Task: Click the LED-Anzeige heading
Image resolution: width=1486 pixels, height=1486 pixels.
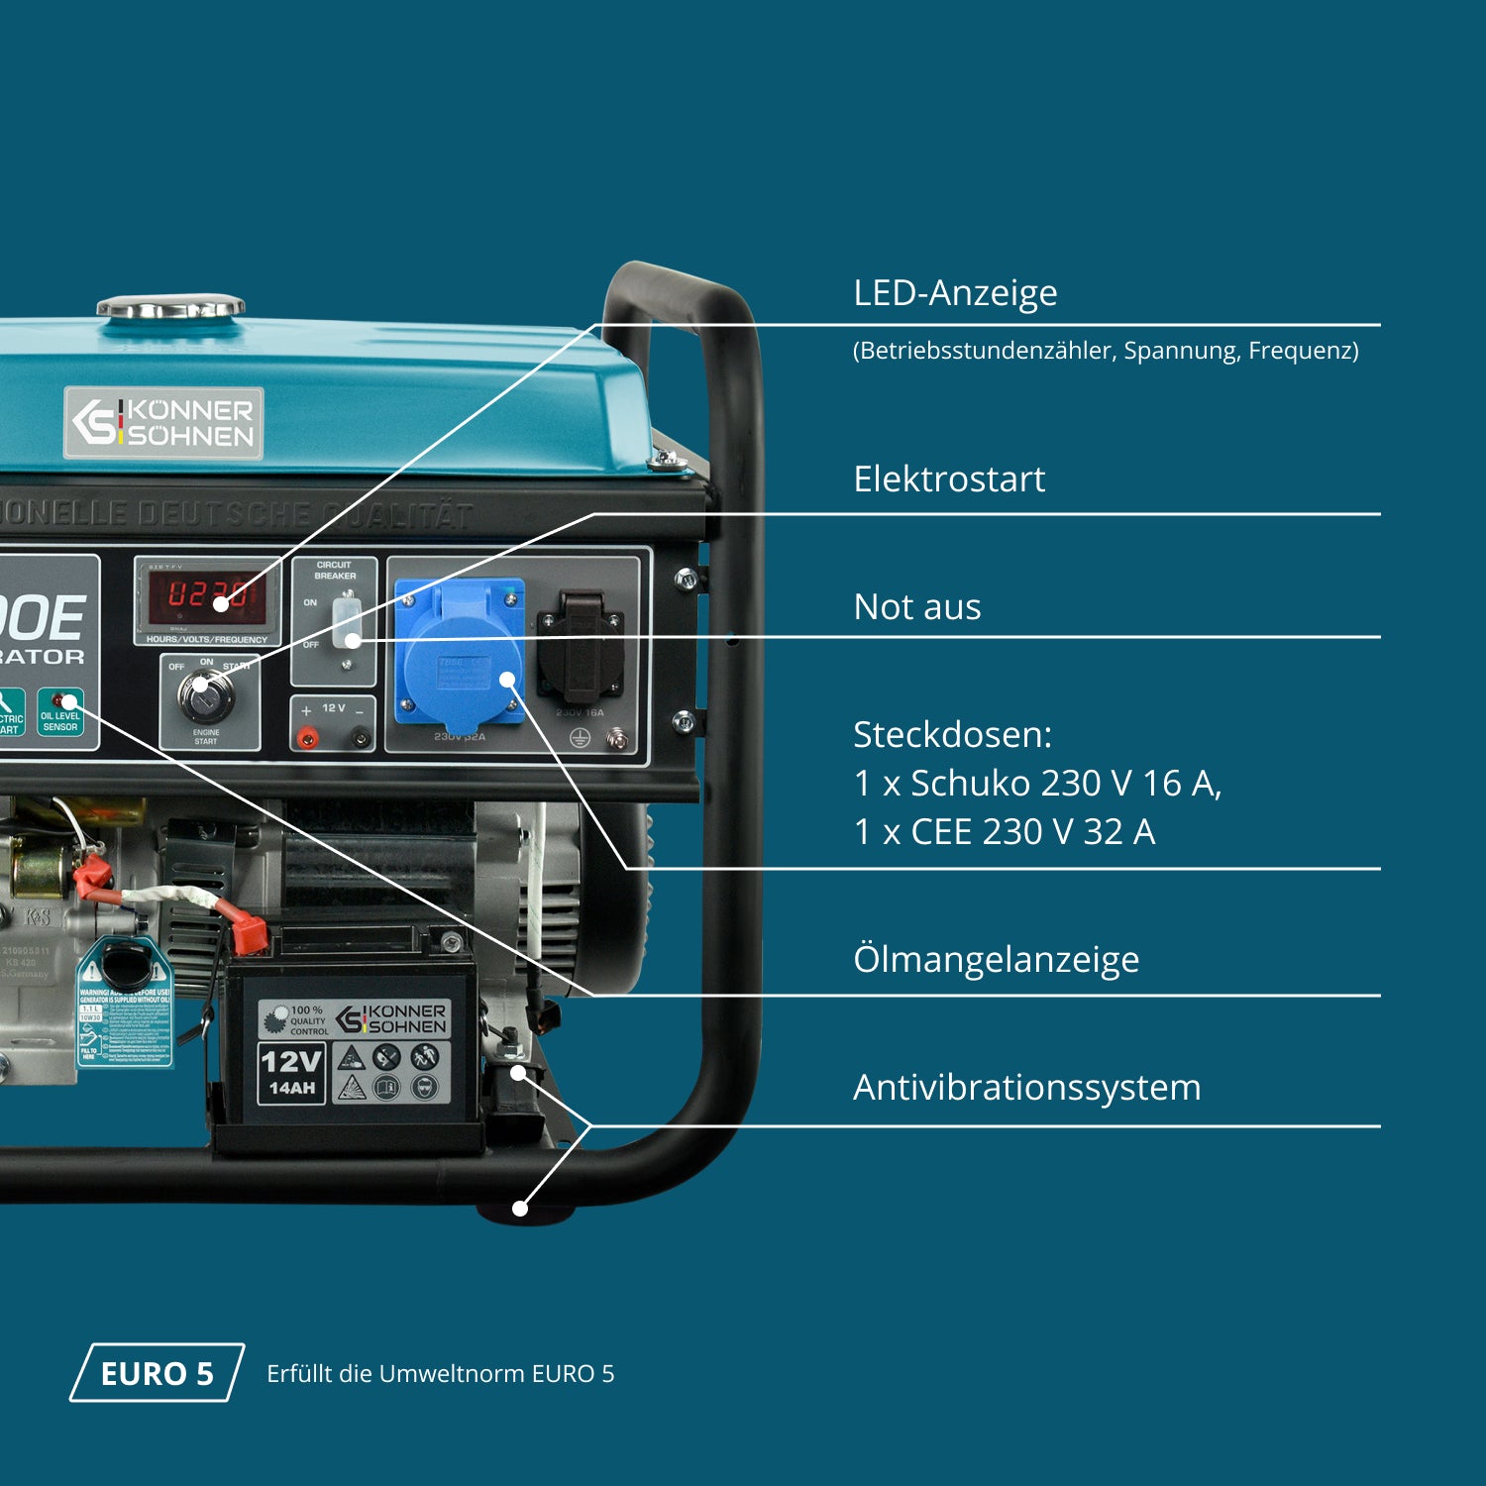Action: coord(955,293)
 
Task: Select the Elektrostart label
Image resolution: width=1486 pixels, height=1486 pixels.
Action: coord(949,479)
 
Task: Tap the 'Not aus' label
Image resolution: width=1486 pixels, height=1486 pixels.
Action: coord(917,607)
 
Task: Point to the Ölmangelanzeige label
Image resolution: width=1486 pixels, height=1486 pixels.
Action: coord(996,959)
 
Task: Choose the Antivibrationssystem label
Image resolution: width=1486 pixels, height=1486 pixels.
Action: coord(1026,1088)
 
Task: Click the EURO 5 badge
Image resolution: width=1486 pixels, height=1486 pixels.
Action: coord(157,1373)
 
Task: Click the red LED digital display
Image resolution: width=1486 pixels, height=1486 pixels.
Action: coord(207,595)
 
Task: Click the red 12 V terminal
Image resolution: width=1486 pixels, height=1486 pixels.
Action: coord(308,737)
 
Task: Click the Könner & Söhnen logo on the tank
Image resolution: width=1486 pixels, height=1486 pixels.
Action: coord(164,423)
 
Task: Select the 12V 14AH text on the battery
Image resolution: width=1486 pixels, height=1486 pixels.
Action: coord(291,1072)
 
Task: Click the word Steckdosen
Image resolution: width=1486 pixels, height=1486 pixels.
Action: coord(952,735)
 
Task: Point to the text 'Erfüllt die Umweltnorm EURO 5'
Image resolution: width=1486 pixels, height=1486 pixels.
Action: coord(440,1374)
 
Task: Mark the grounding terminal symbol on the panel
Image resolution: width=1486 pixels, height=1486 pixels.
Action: coord(581,738)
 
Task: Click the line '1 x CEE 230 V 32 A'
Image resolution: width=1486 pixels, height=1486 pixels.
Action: coord(1005,832)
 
